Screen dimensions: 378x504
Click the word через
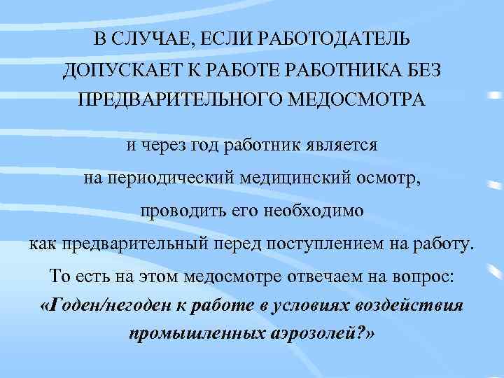coord(165,146)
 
